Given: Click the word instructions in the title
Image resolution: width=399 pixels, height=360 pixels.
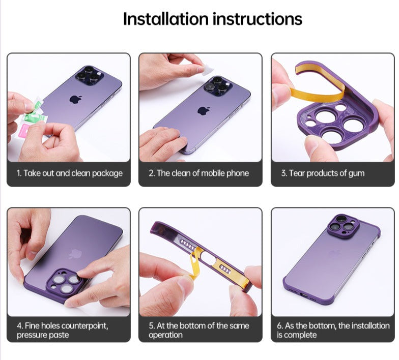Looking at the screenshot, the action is pyautogui.click(x=258, y=19).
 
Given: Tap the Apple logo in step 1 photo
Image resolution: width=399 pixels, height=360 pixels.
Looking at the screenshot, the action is pyautogui.click(x=76, y=99).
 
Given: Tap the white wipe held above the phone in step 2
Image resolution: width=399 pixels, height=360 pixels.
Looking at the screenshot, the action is pyautogui.click(x=208, y=70).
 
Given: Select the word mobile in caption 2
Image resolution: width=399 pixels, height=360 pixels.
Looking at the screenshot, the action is pyautogui.click(x=213, y=173).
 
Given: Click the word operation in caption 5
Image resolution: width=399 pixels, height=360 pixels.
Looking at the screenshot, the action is pyautogui.click(x=166, y=335).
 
